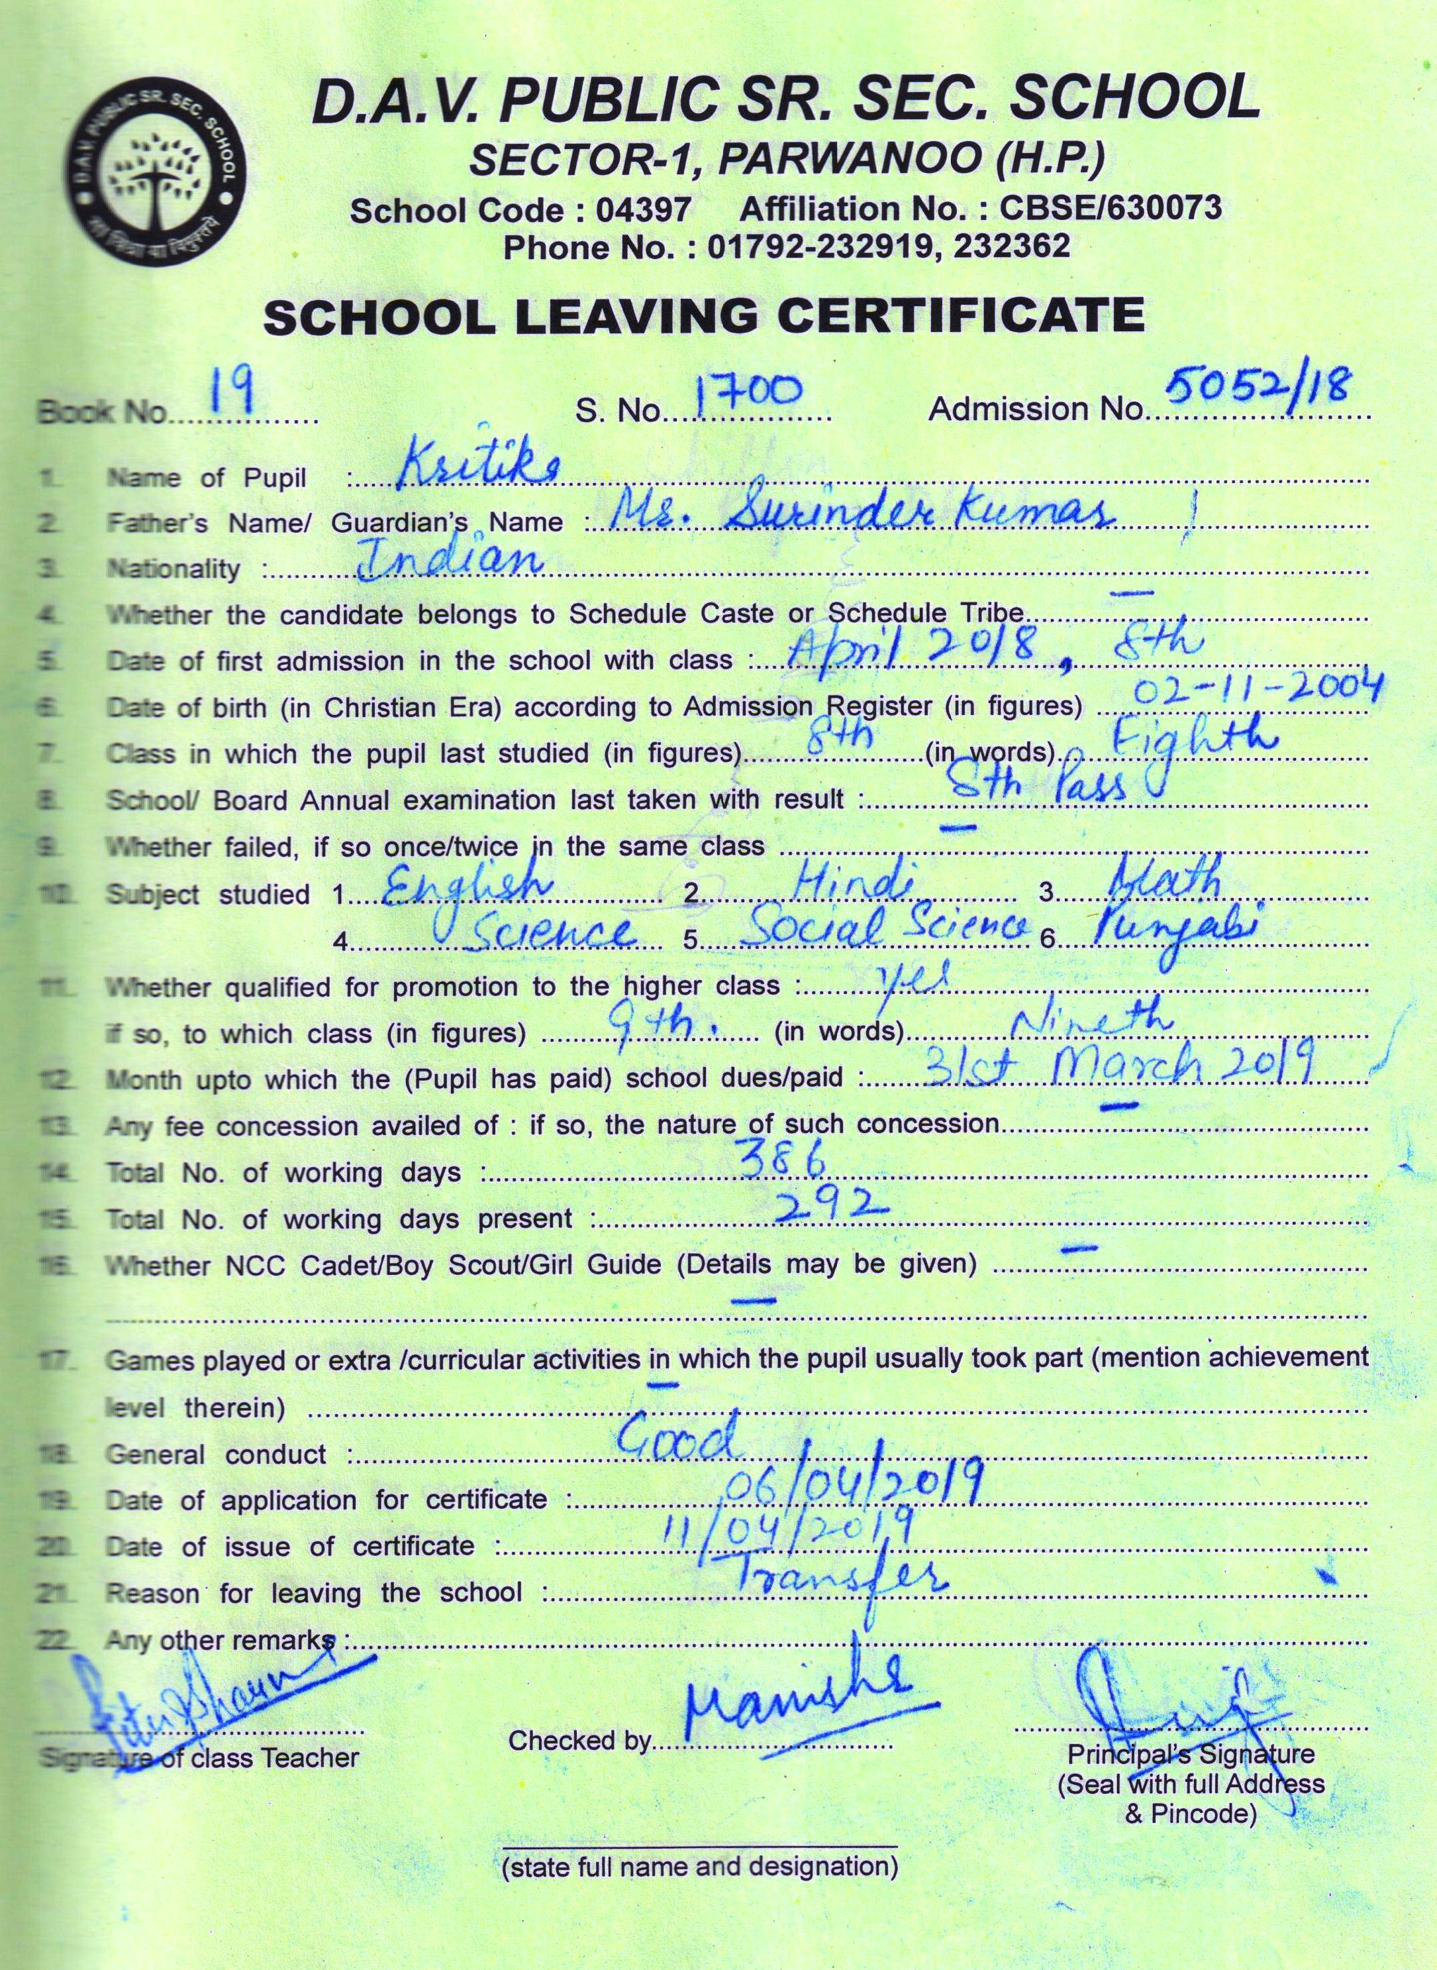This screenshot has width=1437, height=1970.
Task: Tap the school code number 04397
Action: tap(644, 209)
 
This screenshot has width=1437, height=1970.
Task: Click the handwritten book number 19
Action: tap(231, 394)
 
